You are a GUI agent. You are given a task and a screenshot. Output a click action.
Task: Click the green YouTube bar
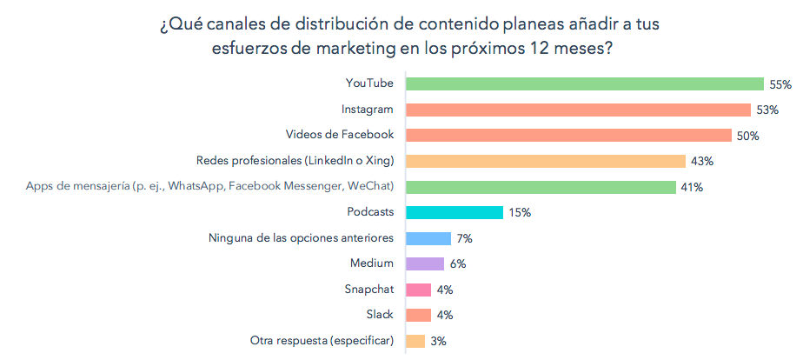click(584, 84)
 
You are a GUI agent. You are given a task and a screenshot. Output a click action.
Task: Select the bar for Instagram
click(578, 110)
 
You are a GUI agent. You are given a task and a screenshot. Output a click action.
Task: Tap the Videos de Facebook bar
click(568, 136)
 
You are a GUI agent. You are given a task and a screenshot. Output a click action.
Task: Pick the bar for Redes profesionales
click(546, 161)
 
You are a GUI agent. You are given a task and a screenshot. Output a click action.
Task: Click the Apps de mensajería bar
click(541, 187)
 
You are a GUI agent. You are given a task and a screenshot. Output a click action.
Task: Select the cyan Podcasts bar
click(455, 212)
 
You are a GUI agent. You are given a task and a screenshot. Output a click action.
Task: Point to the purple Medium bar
click(425, 263)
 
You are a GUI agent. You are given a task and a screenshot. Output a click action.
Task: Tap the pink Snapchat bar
click(419, 290)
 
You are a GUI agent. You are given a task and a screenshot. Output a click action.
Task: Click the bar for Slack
click(419, 315)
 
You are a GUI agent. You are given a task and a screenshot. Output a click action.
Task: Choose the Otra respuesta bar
click(415, 341)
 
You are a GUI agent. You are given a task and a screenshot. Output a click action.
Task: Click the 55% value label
click(780, 84)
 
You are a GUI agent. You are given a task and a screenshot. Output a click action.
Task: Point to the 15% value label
click(520, 212)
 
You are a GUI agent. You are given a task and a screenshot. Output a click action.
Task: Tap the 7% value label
click(465, 238)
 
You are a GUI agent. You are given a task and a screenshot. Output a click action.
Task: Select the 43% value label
click(702, 161)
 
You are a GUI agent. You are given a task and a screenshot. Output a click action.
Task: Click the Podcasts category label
click(370, 212)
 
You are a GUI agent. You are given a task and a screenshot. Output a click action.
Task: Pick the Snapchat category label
click(369, 290)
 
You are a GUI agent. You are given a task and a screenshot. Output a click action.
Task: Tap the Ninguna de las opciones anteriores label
click(302, 238)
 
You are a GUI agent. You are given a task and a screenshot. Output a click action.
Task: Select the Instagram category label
click(368, 110)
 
